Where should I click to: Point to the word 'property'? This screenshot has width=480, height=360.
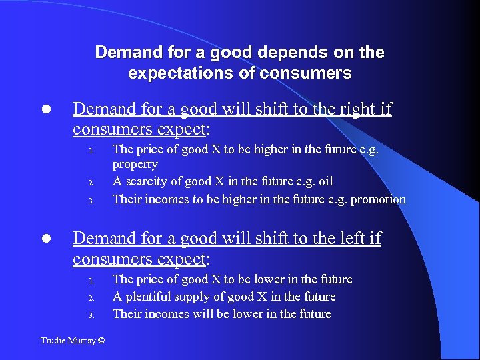(135, 165)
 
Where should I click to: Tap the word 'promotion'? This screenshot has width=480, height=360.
(378, 199)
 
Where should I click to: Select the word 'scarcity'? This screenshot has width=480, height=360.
(147, 181)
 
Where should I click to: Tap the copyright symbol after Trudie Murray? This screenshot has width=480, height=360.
(101, 341)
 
